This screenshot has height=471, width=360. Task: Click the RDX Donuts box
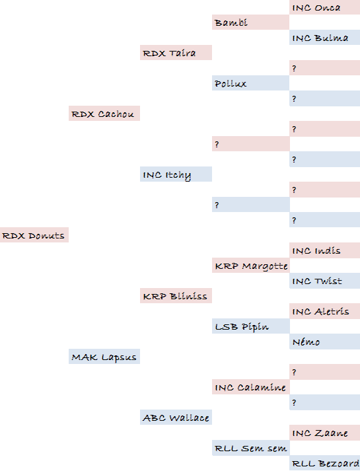[x=34, y=235]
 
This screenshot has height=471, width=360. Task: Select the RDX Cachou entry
[x=104, y=113]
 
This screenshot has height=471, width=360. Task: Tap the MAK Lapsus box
[x=104, y=357]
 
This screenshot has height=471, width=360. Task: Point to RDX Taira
[x=176, y=53]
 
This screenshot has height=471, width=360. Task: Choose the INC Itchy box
[x=176, y=174]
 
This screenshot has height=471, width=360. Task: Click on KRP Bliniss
[x=176, y=295]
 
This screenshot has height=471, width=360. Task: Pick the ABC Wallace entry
[x=176, y=417]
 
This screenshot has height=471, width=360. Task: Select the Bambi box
[x=251, y=22]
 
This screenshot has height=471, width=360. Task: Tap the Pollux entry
[x=251, y=83]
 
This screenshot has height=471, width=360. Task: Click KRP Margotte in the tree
[x=251, y=266]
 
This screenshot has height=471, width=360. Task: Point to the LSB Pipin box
[x=251, y=326]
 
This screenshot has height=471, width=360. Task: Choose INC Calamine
[x=251, y=387]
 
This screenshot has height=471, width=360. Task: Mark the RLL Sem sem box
[x=251, y=448]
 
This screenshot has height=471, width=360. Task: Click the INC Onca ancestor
[x=324, y=7]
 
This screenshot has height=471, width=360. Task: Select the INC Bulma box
[x=324, y=38]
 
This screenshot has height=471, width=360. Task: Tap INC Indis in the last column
[x=324, y=250]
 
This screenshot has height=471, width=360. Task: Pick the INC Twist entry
[x=324, y=281]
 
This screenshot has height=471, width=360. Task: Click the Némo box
[x=324, y=342]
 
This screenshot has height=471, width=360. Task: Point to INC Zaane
[x=324, y=433]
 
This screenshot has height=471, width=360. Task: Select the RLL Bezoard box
[x=324, y=463]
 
